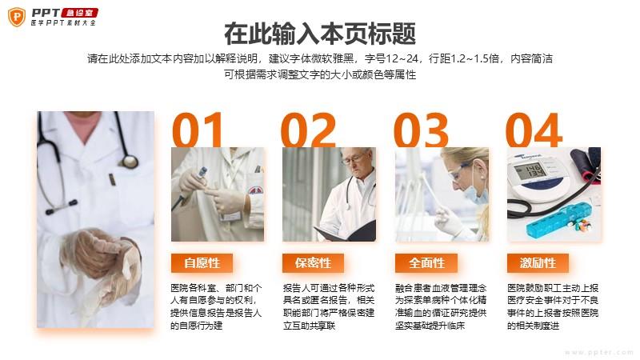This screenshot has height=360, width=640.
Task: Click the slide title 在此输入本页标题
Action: point(320,34)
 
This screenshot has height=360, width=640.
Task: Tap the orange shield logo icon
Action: point(17,17)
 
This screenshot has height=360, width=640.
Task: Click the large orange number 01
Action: point(198,130)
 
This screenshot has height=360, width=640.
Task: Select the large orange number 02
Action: point(309,130)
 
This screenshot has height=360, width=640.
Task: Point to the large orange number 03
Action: point(421,130)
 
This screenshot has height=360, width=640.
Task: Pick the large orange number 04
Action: point(534,130)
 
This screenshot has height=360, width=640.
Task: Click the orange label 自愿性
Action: point(202,263)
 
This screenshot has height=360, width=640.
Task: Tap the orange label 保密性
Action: point(313,263)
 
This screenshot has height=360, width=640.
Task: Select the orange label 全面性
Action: point(426,263)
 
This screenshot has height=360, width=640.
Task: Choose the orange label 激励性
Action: point(538,263)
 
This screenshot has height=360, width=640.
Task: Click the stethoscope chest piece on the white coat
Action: point(130,162)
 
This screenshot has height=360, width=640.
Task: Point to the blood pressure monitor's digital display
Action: point(530,170)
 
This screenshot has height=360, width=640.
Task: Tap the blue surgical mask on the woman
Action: point(476,192)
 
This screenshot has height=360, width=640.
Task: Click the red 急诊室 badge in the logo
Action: point(79,13)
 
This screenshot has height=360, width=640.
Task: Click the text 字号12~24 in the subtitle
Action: point(392,58)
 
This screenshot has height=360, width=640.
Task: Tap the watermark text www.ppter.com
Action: point(599,352)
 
